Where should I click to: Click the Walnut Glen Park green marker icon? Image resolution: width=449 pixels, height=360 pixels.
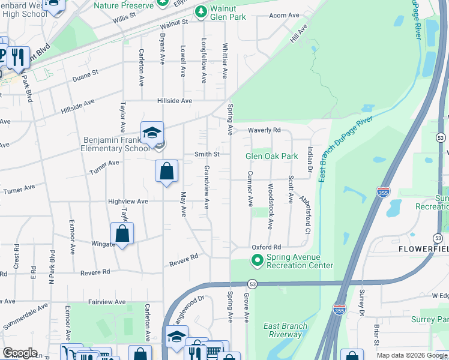201,11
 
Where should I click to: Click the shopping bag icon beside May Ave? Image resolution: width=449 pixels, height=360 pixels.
167,171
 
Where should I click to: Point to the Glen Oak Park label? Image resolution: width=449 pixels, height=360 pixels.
271,157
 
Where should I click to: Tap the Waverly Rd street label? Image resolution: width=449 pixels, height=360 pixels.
265,130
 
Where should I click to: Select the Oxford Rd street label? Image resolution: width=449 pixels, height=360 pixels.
267,247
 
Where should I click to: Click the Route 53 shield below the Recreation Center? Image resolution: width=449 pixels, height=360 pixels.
253,284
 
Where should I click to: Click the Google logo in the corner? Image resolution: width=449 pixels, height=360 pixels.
20,353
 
